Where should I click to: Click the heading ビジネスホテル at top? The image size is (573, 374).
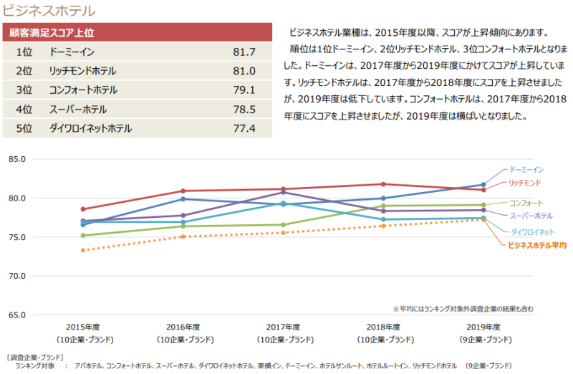coord(49,11)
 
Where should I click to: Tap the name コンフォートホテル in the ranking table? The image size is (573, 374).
coord(83,90)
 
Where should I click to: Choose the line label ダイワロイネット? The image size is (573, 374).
coord(531,231)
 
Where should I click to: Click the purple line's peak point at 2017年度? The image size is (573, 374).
coord(284,192)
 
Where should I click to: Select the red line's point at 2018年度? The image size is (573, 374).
coord(383,184)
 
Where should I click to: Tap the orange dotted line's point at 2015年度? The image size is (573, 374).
coord(84,250)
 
